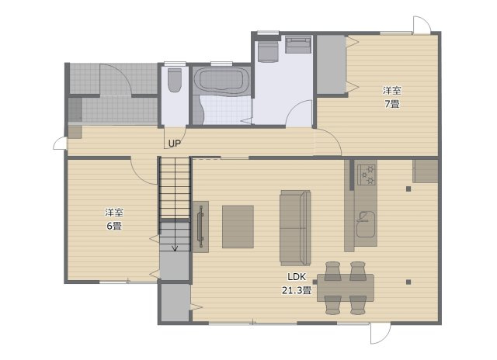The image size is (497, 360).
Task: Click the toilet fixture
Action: click(x=174, y=80)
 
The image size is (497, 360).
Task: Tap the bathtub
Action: click(x=221, y=81)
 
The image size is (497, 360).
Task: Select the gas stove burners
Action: click(x=367, y=175)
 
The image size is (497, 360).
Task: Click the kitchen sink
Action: click(x=366, y=224)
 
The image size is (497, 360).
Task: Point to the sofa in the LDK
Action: click(x=295, y=227)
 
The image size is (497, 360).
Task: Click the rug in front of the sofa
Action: click(x=238, y=227)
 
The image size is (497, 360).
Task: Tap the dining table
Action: click(x=346, y=288)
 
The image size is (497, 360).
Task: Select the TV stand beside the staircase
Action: click(x=200, y=227)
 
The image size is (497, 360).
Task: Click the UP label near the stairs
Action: click(x=174, y=144)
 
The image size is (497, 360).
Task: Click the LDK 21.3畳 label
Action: click(x=297, y=284)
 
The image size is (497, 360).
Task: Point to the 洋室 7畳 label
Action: click(x=392, y=97)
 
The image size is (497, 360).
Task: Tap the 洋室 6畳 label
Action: click(x=114, y=219)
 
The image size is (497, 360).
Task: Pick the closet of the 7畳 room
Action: click(x=331, y=64)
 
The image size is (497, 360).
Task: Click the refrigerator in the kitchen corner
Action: click(x=425, y=171)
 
